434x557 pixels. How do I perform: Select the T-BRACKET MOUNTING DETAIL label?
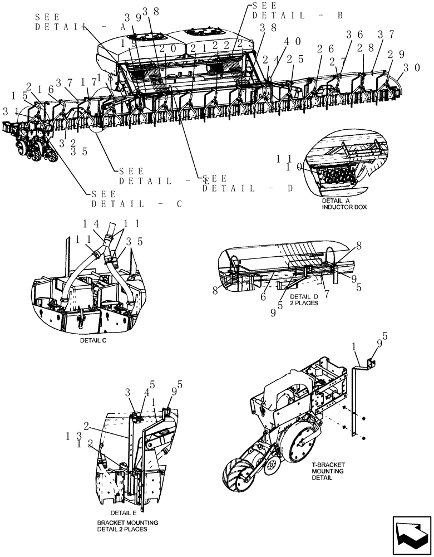[x=328, y=471]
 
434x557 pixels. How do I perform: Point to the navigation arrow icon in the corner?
[x=412, y=535]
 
